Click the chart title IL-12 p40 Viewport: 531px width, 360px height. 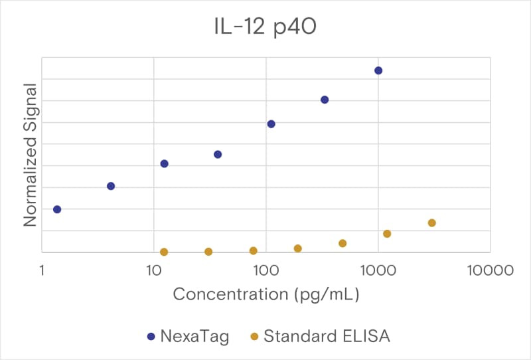pyautogui.click(x=265, y=27)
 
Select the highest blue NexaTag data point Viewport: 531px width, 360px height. pyautogui.click(x=378, y=70)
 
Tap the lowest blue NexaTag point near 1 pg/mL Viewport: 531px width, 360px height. pyautogui.click(x=57, y=209)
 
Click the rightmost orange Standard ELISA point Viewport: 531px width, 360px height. pyautogui.click(x=432, y=223)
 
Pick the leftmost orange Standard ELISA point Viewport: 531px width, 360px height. pyautogui.click(x=164, y=252)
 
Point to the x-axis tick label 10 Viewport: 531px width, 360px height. pyautogui.click(x=153, y=270)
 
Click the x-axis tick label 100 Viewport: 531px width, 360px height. pyautogui.click(x=266, y=270)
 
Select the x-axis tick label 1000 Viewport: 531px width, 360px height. pyautogui.click(x=378, y=270)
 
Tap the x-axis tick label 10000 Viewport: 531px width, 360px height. pyautogui.click(x=490, y=270)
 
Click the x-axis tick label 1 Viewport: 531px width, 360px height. pyautogui.click(x=42, y=270)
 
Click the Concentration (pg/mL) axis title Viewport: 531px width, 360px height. pyautogui.click(x=266, y=294)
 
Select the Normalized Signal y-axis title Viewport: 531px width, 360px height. pyautogui.click(x=30, y=155)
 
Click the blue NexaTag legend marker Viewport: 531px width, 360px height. pyautogui.click(x=151, y=337)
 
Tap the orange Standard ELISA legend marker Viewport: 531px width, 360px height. pyautogui.click(x=254, y=337)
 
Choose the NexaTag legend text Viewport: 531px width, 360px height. pyautogui.click(x=194, y=337)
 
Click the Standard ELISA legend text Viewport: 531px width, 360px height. pyautogui.click(x=327, y=336)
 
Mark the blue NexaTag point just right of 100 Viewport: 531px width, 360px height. pyautogui.click(x=271, y=124)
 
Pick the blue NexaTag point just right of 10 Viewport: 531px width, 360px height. pyautogui.click(x=164, y=164)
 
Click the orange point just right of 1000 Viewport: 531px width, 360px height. pyautogui.click(x=387, y=234)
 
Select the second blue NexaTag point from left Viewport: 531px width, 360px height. pyautogui.click(x=111, y=186)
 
